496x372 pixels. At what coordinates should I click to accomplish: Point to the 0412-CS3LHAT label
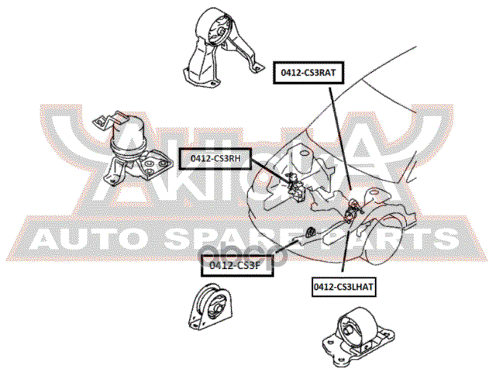(x=343, y=287)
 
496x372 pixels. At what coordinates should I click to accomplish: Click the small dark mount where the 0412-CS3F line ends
(x=308, y=230)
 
